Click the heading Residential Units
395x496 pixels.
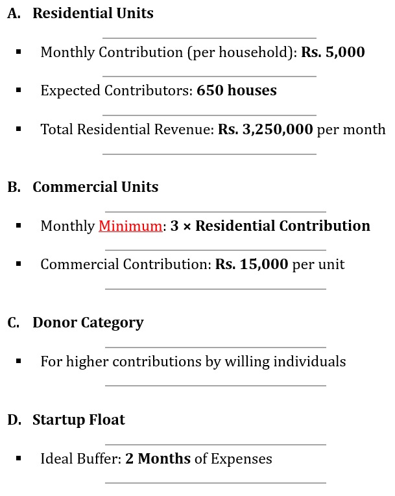coord(93,14)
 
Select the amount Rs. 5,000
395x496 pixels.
coord(333,52)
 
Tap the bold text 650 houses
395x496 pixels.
coord(237,91)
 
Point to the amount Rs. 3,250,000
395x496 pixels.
coord(265,130)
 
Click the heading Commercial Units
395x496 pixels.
coord(95,187)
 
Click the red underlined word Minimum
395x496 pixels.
coord(130,226)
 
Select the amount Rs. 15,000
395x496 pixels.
coord(252,265)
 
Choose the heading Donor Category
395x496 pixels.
coord(88,323)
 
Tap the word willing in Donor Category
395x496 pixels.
coord(246,362)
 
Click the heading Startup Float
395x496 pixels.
coord(78,420)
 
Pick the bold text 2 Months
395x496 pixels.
coord(158,459)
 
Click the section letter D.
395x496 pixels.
coord(14,420)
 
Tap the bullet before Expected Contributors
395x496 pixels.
coord(19,90)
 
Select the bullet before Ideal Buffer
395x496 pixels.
coord(19,458)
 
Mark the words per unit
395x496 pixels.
coord(318,265)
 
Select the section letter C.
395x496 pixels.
coord(13,323)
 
